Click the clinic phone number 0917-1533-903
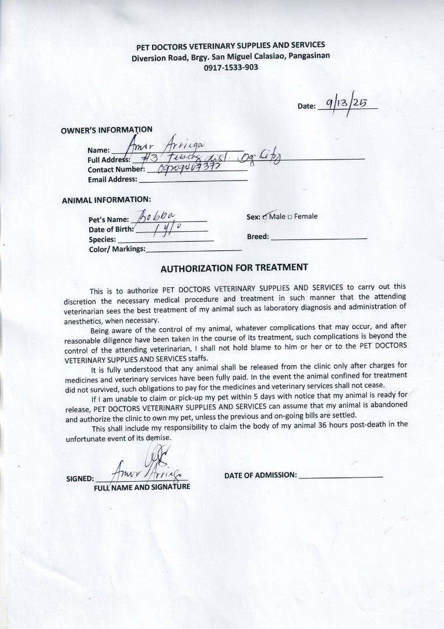(x=231, y=67)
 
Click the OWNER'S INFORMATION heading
(x=107, y=130)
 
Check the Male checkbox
(x=265, y=217)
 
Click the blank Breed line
(x=319, y=237)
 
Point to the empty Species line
(x=165, y=239)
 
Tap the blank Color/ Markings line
(x=193, y=249)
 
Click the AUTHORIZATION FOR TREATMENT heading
(x=234, y=268)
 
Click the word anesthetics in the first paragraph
(x=84, y=321)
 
